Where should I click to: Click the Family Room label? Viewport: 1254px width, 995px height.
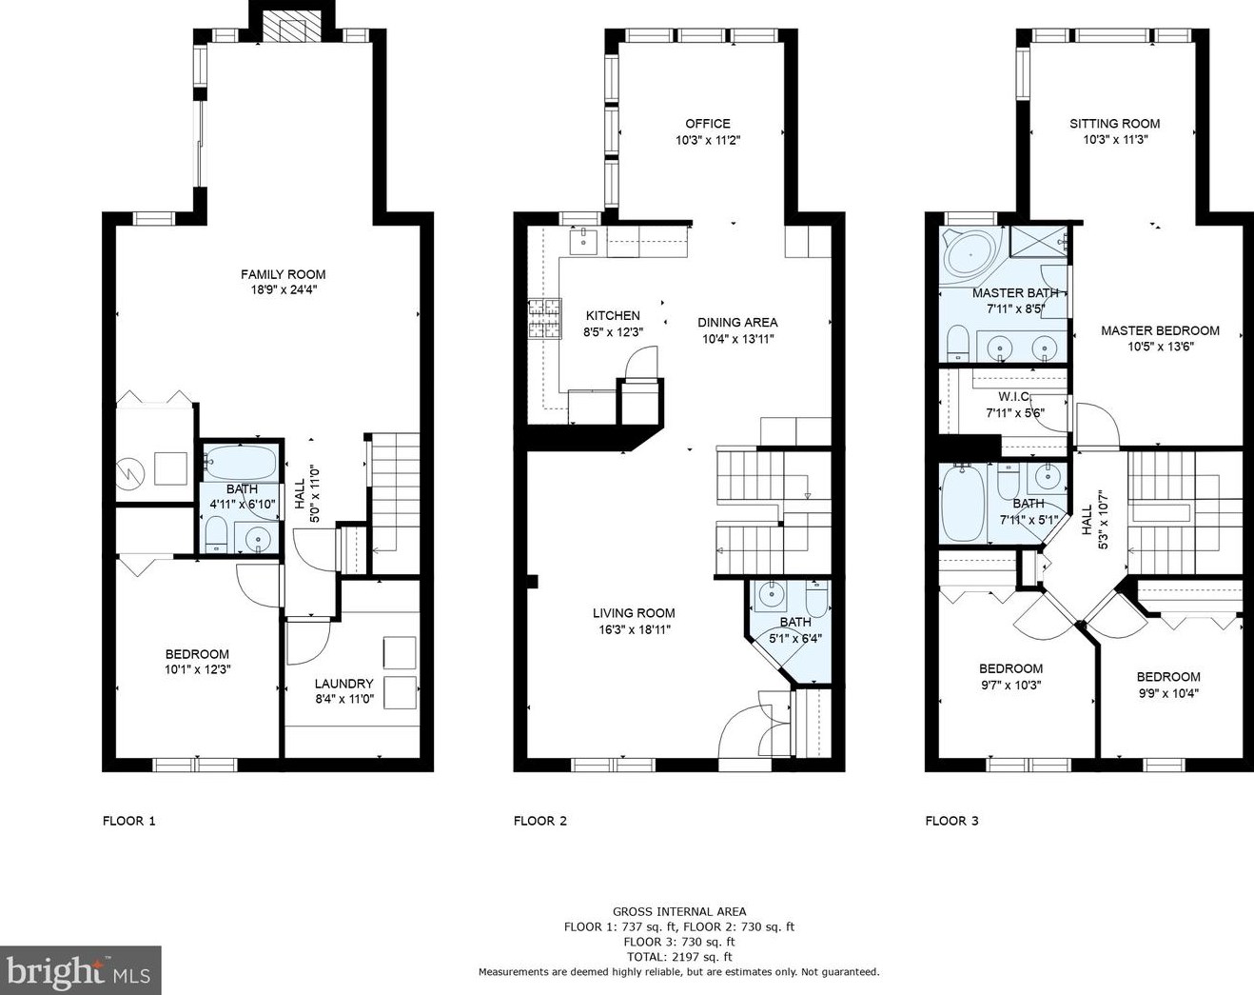[x=283, y=274]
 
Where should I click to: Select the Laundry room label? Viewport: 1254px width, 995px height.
[x=343, y=684]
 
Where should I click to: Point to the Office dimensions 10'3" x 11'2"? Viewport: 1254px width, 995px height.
[x=708, y=140]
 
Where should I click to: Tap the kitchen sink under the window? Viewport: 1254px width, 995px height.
[x=582, y=241]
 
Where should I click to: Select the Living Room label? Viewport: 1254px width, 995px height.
[x=634, y=613]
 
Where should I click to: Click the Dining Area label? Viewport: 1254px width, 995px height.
[x=737, y=322]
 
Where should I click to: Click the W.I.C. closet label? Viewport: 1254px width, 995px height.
[x=1013, y=396]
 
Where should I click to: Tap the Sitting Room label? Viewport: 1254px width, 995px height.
[x=1114, y=123]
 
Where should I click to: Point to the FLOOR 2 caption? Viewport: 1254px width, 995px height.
[x=539, y=821]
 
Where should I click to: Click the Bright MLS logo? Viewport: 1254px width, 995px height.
[x=80, y=970]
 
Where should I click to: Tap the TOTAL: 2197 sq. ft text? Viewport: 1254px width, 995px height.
[x=678, y=957]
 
